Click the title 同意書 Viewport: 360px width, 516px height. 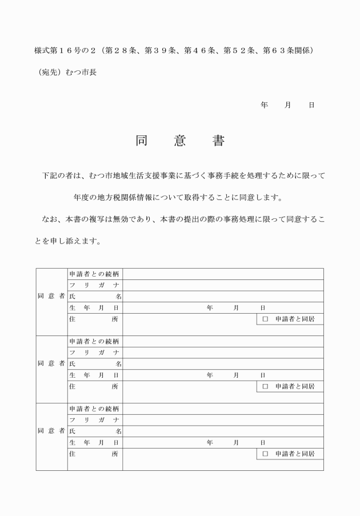(x=180, y=142)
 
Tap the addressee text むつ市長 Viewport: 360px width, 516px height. (x=81, y=73)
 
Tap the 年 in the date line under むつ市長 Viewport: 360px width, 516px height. (x=264, y=105)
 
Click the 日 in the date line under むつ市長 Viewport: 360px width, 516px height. (x=311, y=105)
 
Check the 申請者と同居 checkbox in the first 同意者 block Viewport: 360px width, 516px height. (x=265, y=319)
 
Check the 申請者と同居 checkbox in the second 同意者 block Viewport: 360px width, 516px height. (x=265, y=387)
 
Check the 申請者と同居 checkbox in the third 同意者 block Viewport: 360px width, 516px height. (x=265, y=454)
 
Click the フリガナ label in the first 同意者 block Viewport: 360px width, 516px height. (x=94, y=285)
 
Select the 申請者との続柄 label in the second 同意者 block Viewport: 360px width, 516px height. (x=94, y=342)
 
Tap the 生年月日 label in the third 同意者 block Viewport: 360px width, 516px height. (x=94, y=443)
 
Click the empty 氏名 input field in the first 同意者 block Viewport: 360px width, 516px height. (x=223, y=297)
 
